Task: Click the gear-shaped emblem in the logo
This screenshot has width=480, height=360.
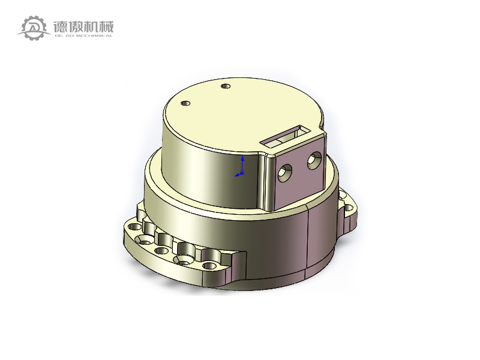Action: pyautogui.click(x=34, y=28)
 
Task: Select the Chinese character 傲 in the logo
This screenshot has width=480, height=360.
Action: pyautogui.click(x=77, y=26)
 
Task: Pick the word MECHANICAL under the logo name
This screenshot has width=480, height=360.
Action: pyautogui.click(x=94, y=36)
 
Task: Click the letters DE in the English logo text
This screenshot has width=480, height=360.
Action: pyautogui.click(x=58, y=36)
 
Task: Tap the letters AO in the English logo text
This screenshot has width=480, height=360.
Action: pyautogui.click(x=68, y=36)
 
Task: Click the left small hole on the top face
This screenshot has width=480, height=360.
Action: pyautogui.click(x=186, y=103)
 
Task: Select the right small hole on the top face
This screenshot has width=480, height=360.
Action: pyautogui.click(x=226, y=87)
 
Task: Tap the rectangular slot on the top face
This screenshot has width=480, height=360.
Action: pyautogui.click(x=287, y=135)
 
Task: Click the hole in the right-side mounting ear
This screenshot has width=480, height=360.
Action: pyautogui.click(x=348, y=209)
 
